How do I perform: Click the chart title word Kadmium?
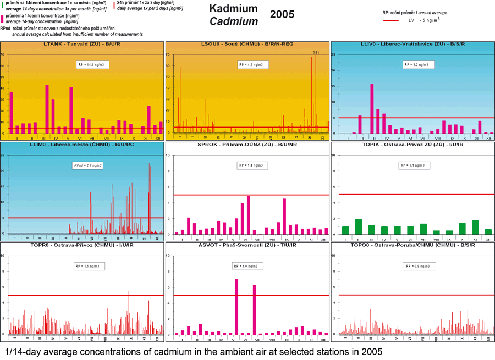click(x=233, y=9)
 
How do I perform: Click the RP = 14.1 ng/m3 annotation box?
click(x=91, y=64)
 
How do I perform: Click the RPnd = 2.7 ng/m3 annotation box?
click(x=88, y=165)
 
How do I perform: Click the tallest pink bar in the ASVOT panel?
click(x=237, y=307)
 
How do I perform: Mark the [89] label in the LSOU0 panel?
click(x=316, y=52)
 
